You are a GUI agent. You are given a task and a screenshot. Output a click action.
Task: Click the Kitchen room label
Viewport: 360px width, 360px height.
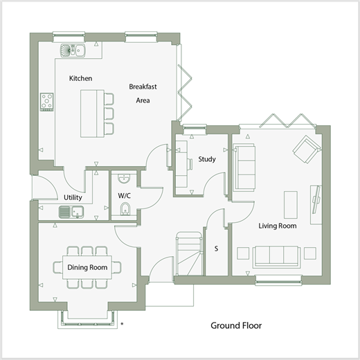coord(80,78)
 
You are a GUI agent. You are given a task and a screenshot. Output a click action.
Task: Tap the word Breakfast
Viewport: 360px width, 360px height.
coord(143,87)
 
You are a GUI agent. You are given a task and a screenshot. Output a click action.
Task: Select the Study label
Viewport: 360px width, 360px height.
coord(207,159)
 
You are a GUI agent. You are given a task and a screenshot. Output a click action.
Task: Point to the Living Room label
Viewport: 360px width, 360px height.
coord(278,226)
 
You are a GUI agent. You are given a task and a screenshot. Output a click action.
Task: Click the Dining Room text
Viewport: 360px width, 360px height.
coord(87,267)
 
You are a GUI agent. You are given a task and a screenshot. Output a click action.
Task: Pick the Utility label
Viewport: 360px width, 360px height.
coord(73,197)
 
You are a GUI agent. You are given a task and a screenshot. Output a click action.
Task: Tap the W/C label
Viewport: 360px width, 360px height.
coord(125,196)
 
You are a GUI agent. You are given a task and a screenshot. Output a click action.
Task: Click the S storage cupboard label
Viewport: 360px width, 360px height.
coord(216,249)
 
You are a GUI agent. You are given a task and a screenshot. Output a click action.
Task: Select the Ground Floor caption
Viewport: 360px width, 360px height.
coord(236,325)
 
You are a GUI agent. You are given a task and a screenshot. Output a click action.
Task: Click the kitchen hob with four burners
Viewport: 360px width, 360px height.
coord(47,102)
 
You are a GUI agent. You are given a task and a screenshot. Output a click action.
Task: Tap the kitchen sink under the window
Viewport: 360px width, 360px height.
coord(73,51)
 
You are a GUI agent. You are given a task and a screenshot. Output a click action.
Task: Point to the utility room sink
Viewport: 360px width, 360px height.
coord(71,212)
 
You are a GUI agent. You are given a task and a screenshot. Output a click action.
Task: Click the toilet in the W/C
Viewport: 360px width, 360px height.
coord(125,208)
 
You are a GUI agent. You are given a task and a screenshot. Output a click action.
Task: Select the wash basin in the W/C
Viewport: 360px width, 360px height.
coord(124,179)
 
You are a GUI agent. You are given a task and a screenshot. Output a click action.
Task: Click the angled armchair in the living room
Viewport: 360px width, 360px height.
coord(307,150)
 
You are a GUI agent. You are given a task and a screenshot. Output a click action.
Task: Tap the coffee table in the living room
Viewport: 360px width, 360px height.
coord(291,204)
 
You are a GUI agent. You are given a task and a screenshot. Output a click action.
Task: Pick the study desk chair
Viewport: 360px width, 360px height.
coord(190,164)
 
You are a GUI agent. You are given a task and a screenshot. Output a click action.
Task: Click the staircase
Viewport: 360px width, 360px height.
coord(189,253)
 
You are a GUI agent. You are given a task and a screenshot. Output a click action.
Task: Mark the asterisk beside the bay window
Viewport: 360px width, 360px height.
coord(122,324)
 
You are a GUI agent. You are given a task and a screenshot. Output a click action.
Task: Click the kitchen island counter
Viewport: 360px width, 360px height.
coord(92,114)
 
